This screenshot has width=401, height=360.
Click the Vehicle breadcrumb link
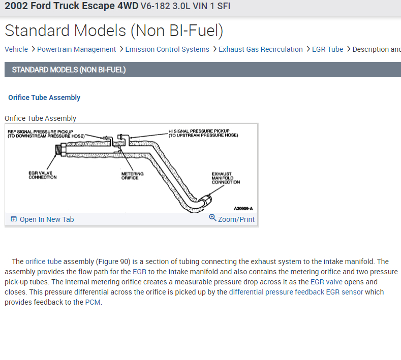16,49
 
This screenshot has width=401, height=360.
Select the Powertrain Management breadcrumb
76,49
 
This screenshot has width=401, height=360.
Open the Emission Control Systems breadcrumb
167,49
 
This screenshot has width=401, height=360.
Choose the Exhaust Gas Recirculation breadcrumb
260,49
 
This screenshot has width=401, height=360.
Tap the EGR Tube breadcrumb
328,49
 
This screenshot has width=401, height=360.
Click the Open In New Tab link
46,219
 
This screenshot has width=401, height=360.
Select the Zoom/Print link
236,219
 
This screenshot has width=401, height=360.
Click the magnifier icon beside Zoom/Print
212,218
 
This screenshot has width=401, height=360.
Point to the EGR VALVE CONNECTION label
43,175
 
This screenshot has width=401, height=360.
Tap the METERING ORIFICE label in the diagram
132,176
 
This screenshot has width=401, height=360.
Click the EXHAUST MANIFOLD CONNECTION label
226,178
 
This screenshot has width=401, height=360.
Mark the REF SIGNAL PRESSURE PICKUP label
46,134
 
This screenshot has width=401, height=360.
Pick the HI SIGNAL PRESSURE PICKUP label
203,134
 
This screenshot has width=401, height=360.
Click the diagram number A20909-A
243,208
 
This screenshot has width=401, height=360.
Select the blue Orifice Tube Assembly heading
44,97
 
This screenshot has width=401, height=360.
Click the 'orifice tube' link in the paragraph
44,261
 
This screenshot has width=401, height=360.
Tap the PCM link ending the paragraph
92,302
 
